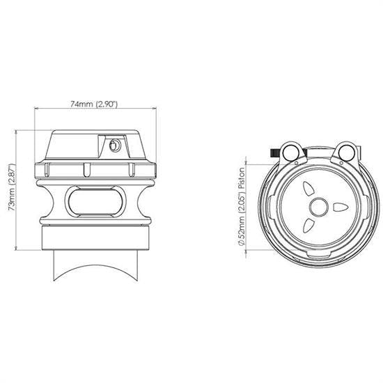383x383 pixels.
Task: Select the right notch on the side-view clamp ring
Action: click(x=130, y=169)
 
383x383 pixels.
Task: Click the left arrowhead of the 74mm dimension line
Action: click(x=38, y=108)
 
